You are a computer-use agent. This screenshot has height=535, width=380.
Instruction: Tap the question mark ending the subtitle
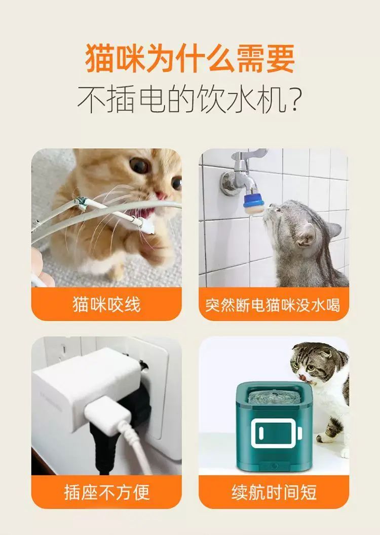click(293, 99)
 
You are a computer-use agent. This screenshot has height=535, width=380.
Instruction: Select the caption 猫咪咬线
click(106, 304)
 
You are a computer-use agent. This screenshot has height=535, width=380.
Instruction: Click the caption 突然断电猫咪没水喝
click(273, 305)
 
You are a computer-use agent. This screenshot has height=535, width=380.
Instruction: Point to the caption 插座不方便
click(106, 492)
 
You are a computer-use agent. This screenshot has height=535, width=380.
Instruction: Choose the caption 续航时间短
click(274, 492)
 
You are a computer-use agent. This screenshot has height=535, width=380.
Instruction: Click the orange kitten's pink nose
click(161, 196)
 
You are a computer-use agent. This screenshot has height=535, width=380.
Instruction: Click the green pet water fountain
click(274, 426)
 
